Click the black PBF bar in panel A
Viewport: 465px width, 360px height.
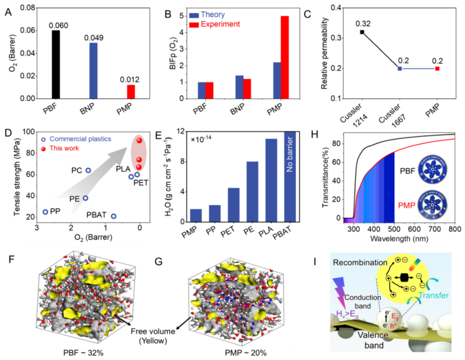point(56,65)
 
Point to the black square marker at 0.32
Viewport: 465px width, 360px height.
point(362,32)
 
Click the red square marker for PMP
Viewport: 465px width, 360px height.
point(437,68)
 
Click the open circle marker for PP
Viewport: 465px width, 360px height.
point(45,212)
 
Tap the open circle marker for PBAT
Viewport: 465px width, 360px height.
point(114,216)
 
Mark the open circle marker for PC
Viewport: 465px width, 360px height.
point(88,170)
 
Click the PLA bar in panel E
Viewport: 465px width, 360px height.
point(271,180)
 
